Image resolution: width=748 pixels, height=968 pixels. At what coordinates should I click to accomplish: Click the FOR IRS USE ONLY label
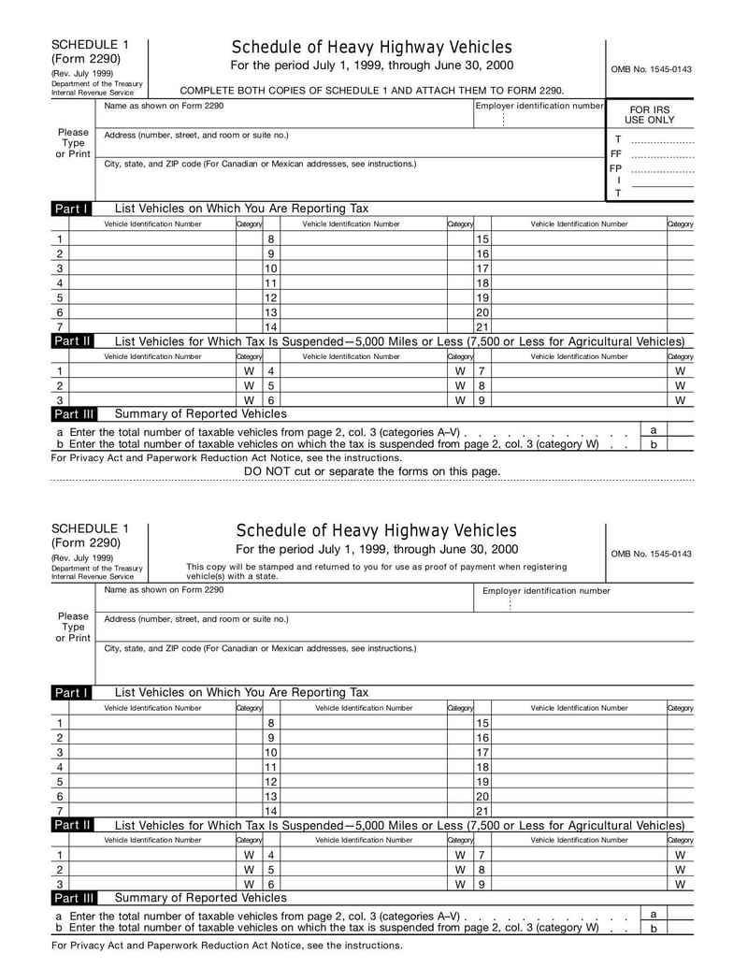[650, 115]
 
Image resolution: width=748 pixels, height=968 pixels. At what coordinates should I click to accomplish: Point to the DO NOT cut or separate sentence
[372, 471]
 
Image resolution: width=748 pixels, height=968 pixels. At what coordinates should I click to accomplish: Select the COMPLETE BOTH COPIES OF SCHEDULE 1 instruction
[371, 90]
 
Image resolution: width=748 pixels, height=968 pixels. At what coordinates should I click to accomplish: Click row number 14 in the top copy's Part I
[271, 327]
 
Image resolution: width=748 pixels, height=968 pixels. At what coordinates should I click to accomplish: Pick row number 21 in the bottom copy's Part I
[482, 811]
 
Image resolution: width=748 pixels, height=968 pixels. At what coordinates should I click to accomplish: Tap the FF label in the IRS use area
[616, 153]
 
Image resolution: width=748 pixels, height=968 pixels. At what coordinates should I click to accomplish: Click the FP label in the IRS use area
[616, 168]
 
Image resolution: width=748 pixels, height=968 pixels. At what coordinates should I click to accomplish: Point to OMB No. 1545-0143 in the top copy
[651, 69]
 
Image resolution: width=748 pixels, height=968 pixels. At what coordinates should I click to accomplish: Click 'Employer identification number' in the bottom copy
[546, 590]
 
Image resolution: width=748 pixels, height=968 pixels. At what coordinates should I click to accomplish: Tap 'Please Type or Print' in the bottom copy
[73, 628]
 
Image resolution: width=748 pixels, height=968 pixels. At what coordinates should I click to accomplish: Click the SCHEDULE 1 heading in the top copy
[90, 44]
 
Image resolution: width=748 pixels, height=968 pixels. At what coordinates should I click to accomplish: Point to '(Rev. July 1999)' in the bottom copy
[82, 558]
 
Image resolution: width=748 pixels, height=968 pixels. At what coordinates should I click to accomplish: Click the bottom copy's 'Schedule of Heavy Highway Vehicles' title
[376, 531]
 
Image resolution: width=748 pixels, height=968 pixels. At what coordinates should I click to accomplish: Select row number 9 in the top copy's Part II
[481, 400]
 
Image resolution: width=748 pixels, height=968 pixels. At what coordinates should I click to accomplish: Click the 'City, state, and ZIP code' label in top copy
[260, 164]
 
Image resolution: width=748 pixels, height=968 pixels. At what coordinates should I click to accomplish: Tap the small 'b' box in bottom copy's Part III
[654, 929]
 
